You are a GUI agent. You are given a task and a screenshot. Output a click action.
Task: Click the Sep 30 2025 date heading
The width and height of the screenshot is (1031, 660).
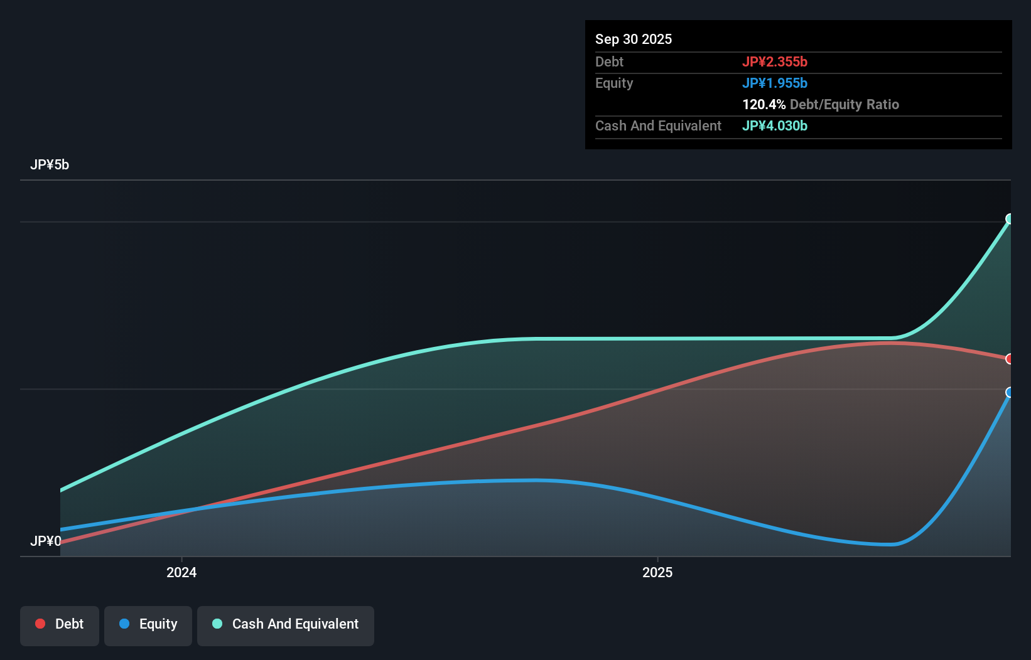[633, 39]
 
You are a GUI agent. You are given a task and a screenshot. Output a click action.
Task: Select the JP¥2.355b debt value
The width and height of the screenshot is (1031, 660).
[774, 61]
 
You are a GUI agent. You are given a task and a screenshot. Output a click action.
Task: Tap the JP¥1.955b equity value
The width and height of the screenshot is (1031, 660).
[774, 83]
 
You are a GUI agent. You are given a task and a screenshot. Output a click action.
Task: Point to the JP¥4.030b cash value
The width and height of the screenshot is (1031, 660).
[774, 125]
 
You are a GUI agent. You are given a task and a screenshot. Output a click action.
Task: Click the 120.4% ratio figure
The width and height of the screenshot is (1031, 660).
[764, 104]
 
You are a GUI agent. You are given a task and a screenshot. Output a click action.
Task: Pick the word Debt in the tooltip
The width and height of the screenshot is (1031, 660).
[609, 61]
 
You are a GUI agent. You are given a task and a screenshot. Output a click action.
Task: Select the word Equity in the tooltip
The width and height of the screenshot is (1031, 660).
[613, 83]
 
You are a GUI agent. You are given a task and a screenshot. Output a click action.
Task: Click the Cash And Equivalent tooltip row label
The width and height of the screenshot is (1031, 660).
[658, 125]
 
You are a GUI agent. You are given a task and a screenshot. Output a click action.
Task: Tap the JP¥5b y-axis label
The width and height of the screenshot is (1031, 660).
[50, 164]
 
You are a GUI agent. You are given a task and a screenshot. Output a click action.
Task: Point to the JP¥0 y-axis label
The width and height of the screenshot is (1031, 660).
[45, 541]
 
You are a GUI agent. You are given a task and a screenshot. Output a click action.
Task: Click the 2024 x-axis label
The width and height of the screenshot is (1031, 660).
[181, 572]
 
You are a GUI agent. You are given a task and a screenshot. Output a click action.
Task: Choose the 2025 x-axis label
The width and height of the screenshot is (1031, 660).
[657, 572]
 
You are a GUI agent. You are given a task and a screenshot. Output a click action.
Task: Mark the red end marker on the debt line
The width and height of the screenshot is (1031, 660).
[1010, 359]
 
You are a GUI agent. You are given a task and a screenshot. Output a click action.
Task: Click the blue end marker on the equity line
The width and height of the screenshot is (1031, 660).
[1010, 393]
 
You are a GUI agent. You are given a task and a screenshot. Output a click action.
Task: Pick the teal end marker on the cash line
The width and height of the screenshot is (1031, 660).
[1010, 219]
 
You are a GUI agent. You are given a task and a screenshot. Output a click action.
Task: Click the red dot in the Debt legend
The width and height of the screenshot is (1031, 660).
[40, 624]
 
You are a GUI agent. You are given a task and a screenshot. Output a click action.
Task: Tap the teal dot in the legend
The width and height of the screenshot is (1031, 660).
[217, 624]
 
